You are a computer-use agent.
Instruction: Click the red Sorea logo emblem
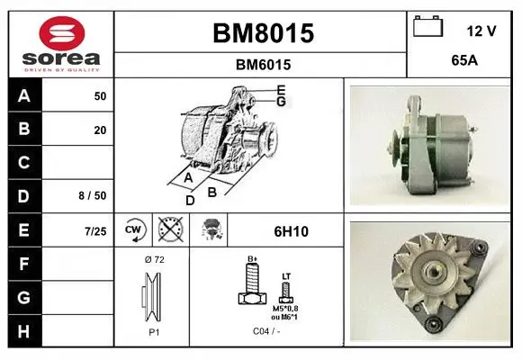(62, 33)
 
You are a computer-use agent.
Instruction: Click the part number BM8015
(263, 33)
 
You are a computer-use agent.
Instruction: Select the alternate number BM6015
(263, 65)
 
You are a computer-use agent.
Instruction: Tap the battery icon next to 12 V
(427, 26)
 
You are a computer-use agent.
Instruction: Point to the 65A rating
(464, 60)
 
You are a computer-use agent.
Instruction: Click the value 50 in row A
(100, 96)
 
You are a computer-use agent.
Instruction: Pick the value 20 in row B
(100, 130)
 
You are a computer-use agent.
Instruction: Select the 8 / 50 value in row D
(93, 195)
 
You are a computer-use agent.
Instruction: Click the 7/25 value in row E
(95, 231)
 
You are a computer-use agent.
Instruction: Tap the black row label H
(23, 331)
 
